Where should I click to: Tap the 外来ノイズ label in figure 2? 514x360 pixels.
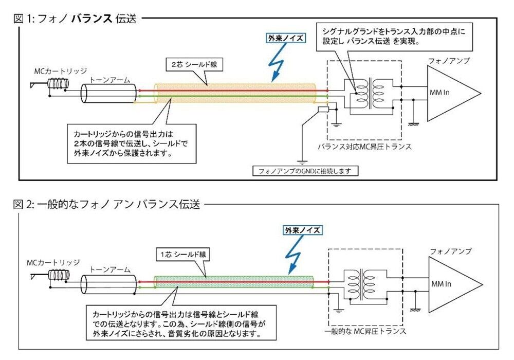(303, 230)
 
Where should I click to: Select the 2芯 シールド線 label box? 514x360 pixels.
(188, 65)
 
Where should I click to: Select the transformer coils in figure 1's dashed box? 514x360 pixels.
(369, 91)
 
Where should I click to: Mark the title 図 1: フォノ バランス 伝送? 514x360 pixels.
(76, 20)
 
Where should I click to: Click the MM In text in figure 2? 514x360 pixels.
(441, 284)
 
